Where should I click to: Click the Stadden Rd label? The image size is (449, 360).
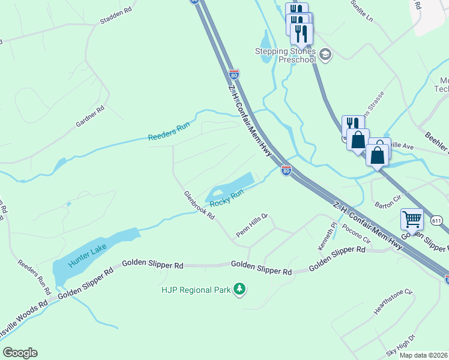point(116,12)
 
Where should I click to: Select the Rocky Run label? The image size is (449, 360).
point(227,198)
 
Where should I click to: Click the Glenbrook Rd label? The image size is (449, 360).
point(199,205)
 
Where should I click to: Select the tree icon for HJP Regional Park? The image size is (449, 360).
point(240,290)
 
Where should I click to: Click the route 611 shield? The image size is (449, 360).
point(436,221)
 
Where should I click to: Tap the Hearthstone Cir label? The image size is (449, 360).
point(393,301)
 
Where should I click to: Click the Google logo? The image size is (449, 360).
point(20,353)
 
